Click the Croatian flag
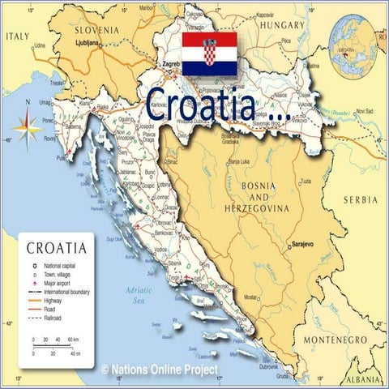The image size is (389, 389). pyautogui.click(x=209, y=53)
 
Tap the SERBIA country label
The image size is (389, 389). pyautogui.click(x=360, y=199)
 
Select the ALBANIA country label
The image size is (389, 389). pyautogui.click(x=362, y=379)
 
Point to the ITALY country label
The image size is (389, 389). pyautogui.click(x=17, y=36)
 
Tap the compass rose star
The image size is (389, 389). pyautogui.click(x=27, y=128)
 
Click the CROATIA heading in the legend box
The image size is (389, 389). pyautogui.click(x=57, y=247)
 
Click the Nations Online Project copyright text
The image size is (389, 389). pyautogui.click(x=160, y=369)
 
